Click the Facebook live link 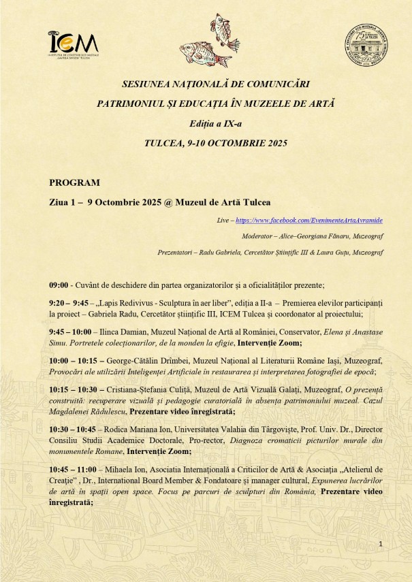pos(309,221)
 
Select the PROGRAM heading pos(75,182)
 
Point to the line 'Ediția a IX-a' pos(206,123)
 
